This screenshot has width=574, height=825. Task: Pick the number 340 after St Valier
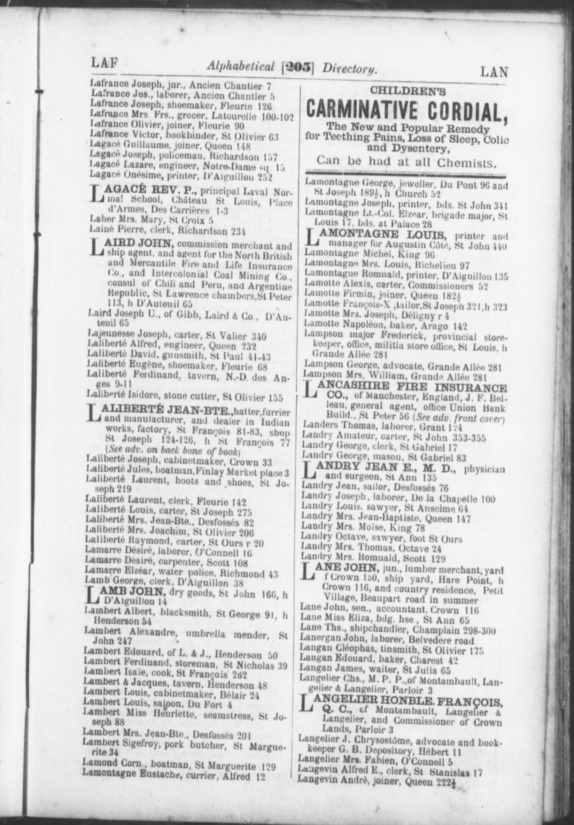(x=259, y=337)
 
